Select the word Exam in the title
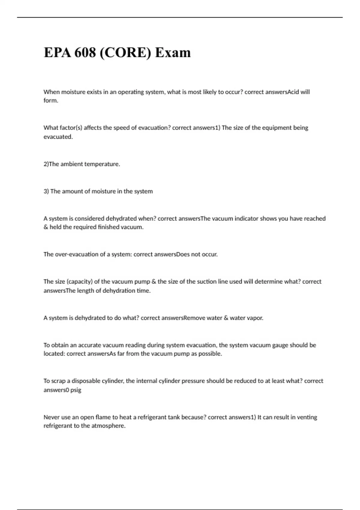coord(173,52)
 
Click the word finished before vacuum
coord(109,227)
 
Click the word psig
coord(76,390)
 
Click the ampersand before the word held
coord(46,227)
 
